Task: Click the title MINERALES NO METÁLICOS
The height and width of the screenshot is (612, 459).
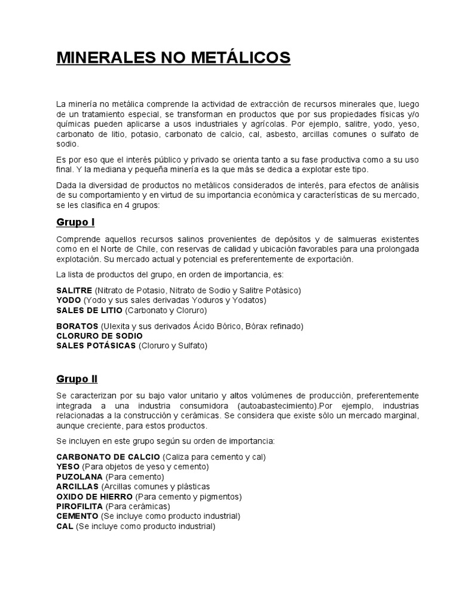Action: coord(173,58)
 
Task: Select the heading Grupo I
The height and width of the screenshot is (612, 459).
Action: coord(75,222)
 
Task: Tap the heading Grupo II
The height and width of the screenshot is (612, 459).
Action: coord(77,379)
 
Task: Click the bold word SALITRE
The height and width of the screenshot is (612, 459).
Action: coord(74,290)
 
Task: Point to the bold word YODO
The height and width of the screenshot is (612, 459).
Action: coord(69,299)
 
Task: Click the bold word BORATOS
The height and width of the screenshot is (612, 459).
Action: coord(77,326)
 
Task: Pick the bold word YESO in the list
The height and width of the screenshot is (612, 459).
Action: coord(68,467)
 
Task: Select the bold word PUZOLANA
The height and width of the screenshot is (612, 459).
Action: coord(79,477)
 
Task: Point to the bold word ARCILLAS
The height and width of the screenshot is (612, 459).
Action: coord(78,486)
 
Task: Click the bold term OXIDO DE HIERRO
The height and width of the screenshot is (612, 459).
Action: coord(94,496)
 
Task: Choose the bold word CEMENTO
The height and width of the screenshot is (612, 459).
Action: coord(77,516)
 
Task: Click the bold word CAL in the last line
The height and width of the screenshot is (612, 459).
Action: coord(65,526)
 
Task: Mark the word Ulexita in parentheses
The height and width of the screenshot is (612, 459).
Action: coord(118,326)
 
